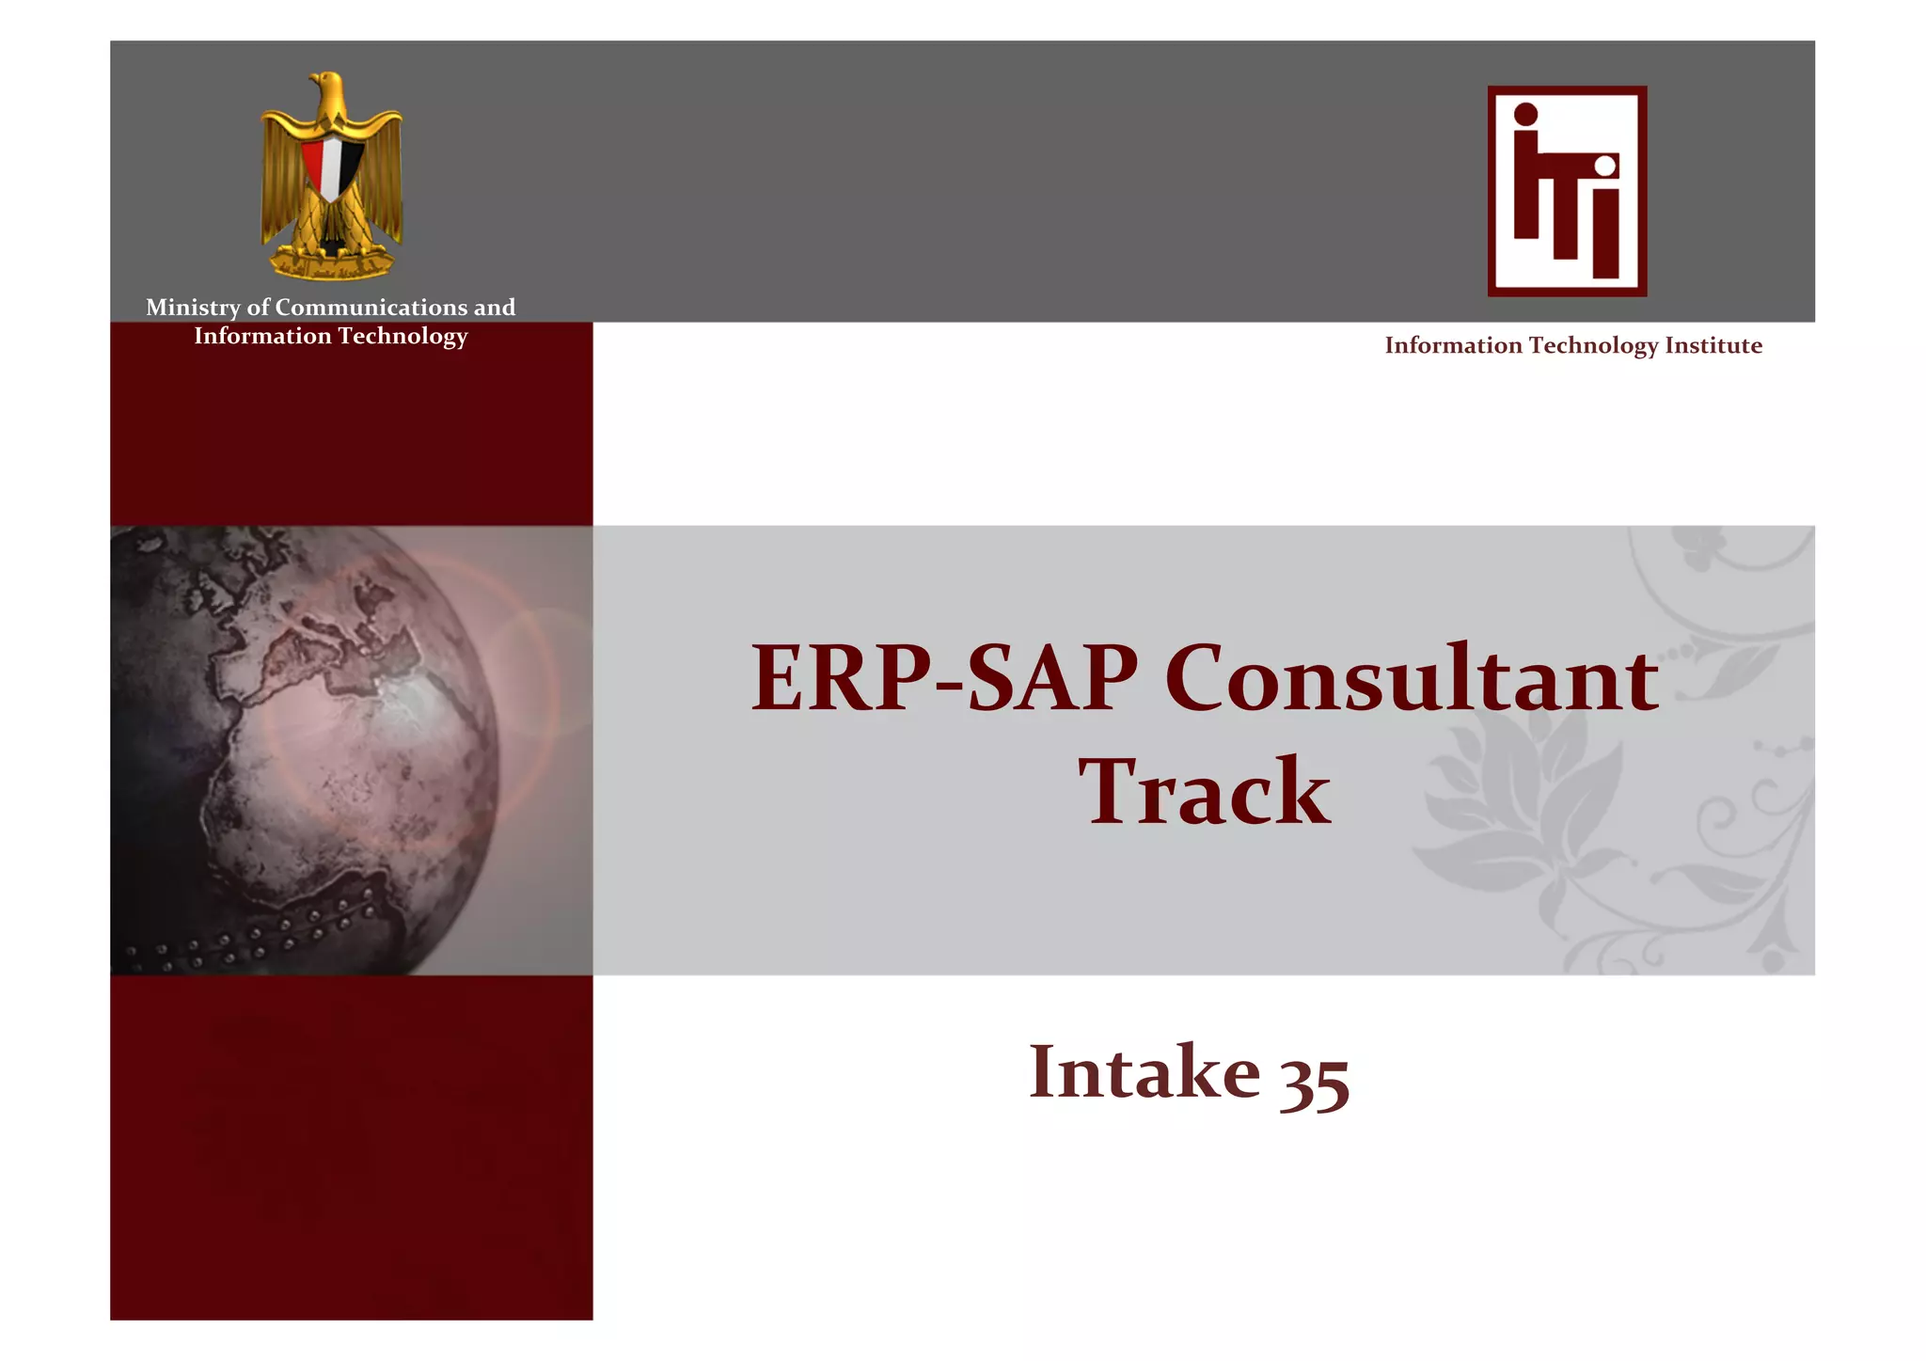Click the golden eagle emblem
[331, 175]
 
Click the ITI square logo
[1567, 191]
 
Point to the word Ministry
[193, 308]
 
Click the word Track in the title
[1204, 792]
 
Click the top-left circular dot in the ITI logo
[1525, 115]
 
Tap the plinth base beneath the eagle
[331, 264]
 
